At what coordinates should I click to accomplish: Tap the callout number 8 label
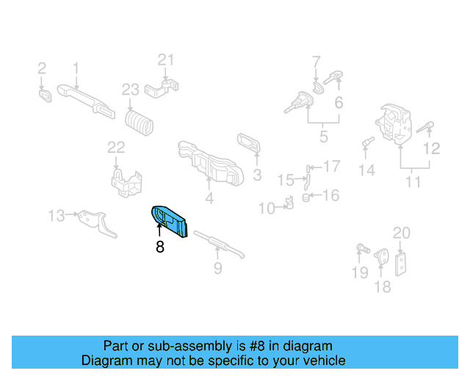(x=159, y=248)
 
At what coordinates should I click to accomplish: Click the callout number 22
(x=117, y=148)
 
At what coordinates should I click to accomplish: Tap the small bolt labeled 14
(x=365, y=141)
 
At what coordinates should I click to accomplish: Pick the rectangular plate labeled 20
(x=401, y=264)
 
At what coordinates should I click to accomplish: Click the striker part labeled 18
(x=381, y=259)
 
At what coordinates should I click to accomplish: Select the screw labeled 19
(x=361, y=249)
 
